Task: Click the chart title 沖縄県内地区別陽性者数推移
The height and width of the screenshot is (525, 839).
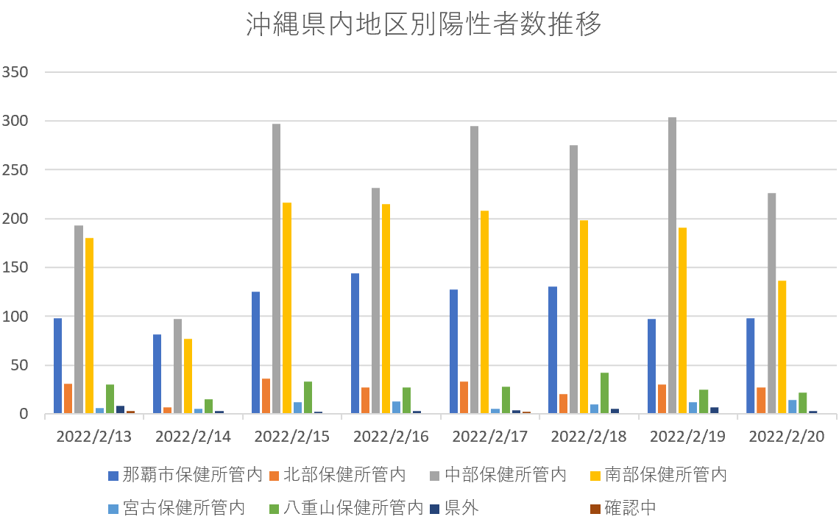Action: [x=424, y=25]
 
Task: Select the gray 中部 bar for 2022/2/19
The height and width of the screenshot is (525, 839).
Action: [x=672, y=265]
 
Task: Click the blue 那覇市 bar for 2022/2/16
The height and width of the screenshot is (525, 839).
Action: [x=355, y=343]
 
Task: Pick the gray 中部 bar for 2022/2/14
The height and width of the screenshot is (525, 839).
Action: [x=177, y=366]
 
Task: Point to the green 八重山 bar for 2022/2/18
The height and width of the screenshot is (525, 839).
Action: [x=604, y=393]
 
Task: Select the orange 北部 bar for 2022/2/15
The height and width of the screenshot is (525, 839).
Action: [x=266, y=396]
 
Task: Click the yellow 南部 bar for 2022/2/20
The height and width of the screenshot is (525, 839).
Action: [x=782, y=347]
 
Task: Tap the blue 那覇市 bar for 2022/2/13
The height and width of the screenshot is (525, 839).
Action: [x=57, y=366]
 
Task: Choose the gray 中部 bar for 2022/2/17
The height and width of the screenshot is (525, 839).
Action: [x=474, y=269]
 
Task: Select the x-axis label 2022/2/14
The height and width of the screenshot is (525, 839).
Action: [x=193, y=437]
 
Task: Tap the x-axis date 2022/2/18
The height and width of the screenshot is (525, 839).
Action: [x=589, y=437]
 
